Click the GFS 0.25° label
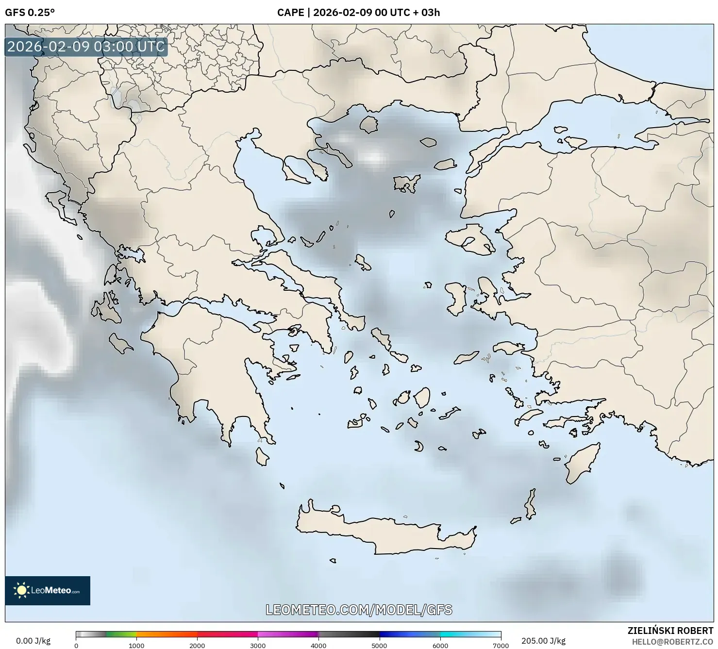(30, 13)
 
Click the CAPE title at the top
(358, 13)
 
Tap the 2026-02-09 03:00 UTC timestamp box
(86, 47)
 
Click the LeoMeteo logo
(48, 590)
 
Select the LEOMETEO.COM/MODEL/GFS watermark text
(359, 610)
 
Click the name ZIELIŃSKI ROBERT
(670, 631)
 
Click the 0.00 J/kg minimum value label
(33, 641)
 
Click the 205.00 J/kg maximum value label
(543, 641)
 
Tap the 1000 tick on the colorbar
(136, 645)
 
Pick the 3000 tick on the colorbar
(258, 645)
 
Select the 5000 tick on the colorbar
(379, 645)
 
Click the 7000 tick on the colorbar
(501, 645)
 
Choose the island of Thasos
(368, 124)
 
